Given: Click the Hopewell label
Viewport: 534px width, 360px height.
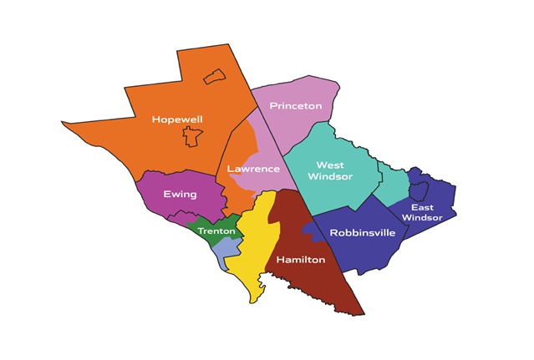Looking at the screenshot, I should [x=177, y=119].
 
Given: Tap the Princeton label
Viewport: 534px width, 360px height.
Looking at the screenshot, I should [x=295, y=106].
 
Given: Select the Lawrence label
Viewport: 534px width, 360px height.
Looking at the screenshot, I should [x=253, y=169].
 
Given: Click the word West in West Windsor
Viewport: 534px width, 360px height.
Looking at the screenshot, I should [x=330, y=165].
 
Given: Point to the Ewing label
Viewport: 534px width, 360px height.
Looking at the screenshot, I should [x=180, y=195].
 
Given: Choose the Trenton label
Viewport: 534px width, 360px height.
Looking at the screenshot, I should [x=216, y=231].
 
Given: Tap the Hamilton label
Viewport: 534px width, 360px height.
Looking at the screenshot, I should [x=300, y=260].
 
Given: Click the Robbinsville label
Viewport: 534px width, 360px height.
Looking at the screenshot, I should [x=362, y=233].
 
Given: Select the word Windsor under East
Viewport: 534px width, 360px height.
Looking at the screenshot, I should [x=422, y=218].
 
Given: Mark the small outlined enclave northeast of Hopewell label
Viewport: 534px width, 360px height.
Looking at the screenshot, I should [x=215, y=77].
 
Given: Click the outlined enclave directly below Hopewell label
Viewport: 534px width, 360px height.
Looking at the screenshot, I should [x=193, y=136].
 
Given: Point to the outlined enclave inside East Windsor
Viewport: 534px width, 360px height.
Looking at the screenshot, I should [x=419, y=190].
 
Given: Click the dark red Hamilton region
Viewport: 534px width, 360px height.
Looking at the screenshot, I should [x=309, y=284].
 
